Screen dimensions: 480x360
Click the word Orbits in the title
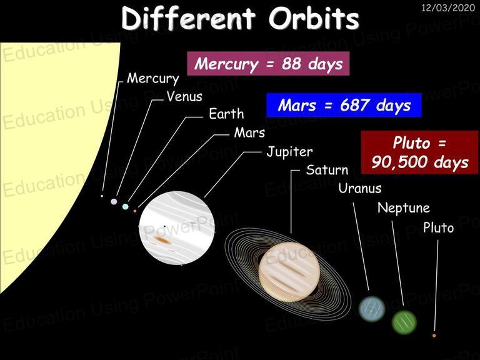[x=314, y=18]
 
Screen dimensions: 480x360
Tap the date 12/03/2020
[x=448, y=7]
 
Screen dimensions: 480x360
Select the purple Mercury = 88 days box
[x=268, y=64]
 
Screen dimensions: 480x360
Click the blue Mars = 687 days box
[x=344, y=105]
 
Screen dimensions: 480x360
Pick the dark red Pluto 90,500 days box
[x=419, y=152]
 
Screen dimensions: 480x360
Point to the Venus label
[x=184, y=96]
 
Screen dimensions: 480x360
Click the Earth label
[x=226, y=114]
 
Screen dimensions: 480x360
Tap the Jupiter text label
[x=289, y=151]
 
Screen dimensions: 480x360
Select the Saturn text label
[x=327, y=170]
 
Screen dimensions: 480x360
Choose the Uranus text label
[x=360, y=188]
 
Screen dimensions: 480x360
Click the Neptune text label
[x=404, y=208]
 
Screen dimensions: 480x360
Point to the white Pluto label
[x=438, y=227]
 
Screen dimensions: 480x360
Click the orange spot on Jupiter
[x=162, y=240]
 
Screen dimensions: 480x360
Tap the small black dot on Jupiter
[x=164, y=226]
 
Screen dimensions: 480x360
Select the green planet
[x=404, y=322]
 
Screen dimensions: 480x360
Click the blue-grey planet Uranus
[x=372, y=309]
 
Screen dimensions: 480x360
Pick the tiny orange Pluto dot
[x=434, y=336]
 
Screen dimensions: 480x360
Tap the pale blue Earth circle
[x=125, y=206]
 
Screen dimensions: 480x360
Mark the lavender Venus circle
[x=114, y=201]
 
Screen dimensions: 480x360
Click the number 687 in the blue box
[x=354, y=105]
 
